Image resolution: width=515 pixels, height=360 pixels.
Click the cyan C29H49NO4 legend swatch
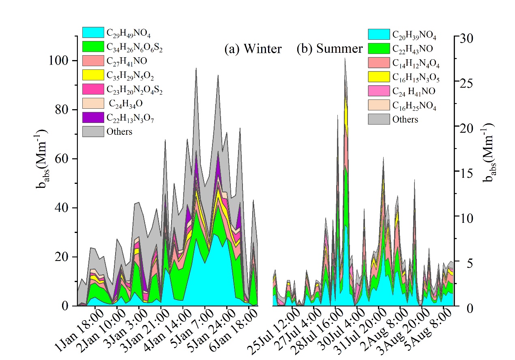point(93,32)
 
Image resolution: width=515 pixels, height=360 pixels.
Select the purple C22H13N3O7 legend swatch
point(93,117)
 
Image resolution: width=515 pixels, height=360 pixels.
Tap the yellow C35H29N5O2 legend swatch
point(93,75)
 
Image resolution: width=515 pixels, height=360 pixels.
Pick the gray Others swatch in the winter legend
point(93,131)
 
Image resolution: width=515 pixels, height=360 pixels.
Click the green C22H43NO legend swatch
point(379,49)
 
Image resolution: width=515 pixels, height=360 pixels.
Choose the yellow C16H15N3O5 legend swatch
point(379,77)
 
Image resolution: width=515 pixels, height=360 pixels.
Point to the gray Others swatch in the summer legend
point(379,119)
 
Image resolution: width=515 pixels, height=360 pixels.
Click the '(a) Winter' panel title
point(253,49)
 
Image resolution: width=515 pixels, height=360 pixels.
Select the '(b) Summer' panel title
point(329,49)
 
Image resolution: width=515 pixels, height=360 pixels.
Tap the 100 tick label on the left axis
point(58,61)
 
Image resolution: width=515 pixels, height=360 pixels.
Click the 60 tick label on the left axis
point(62,159)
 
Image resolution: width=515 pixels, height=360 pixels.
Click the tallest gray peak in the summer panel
point(345,60)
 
